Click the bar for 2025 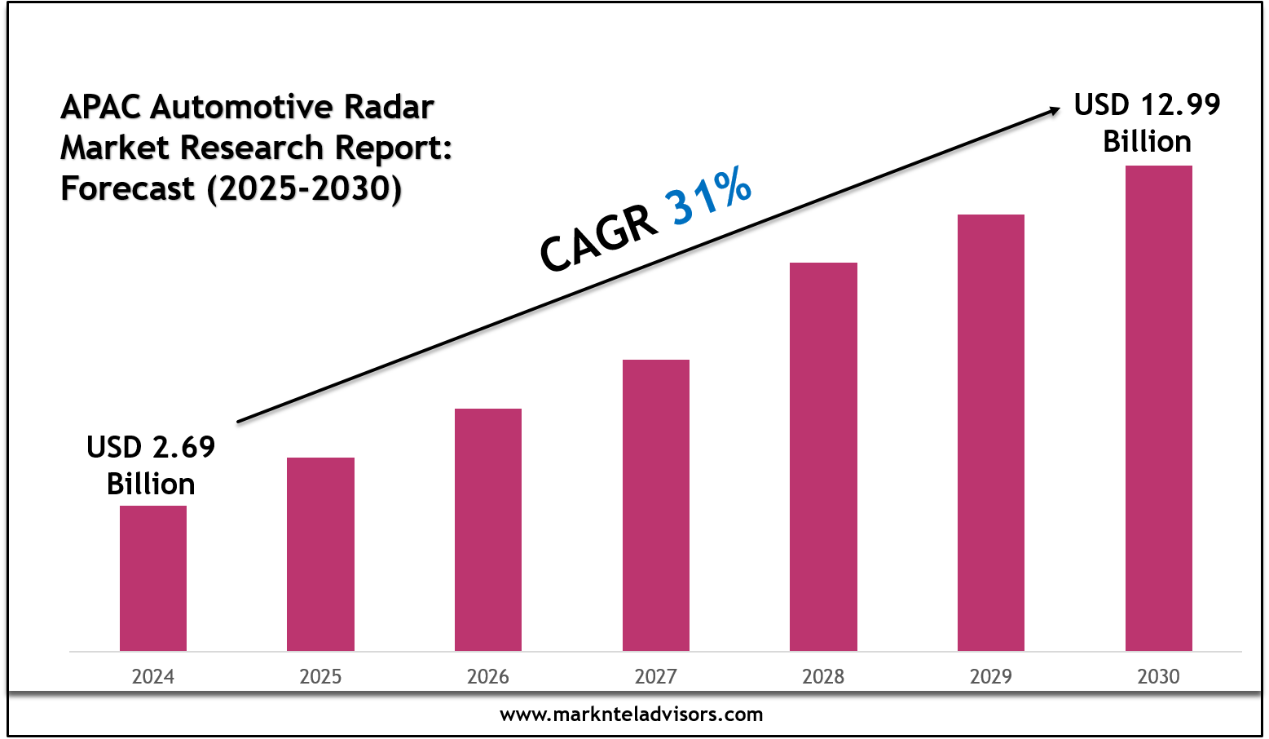coord(320,554)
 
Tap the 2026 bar coord(487,529)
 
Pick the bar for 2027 coord(655,505)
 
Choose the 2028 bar coord(823,457)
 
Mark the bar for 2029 coord(990,432)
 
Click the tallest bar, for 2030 coord(1158,408)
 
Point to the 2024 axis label coord(153,676)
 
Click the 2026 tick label coord(487,676)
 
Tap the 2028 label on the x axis coord(823,676)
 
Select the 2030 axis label coord(1158,676)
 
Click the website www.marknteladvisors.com coord(631,715)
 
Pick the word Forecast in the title coord(128,188)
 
